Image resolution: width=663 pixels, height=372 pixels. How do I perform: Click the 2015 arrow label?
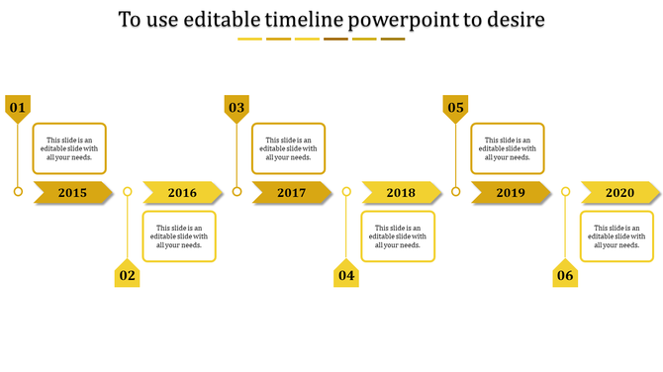(73, 193)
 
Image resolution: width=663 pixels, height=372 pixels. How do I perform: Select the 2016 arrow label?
(182, 193)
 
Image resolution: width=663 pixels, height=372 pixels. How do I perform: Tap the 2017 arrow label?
(292, 193)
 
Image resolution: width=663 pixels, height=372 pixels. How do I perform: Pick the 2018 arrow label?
(401, 193)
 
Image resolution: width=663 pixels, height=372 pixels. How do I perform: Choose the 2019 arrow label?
(511, 193)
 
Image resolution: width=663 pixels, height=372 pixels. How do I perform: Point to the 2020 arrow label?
(619, 193)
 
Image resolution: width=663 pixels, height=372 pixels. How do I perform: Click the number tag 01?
(18, 108)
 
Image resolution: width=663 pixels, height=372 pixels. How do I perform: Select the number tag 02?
(127, 275)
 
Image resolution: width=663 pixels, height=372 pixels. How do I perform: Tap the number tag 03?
(237, 108)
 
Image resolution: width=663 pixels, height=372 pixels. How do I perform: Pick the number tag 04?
(346, 275)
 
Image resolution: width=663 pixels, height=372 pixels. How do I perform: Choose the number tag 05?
(455, 108)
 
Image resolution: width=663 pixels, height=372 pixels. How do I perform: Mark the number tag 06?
(565, 275)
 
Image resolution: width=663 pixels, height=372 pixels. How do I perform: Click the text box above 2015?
(69, 148)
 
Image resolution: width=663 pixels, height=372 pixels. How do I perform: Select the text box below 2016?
(179, 236)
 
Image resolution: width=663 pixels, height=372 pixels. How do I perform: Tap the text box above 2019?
(508, 148)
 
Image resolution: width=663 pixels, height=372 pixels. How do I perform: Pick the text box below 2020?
(616, 236)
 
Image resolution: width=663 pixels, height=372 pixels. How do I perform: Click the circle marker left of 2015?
(18, 192)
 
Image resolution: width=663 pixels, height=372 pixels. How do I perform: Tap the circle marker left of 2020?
(565, 192)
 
